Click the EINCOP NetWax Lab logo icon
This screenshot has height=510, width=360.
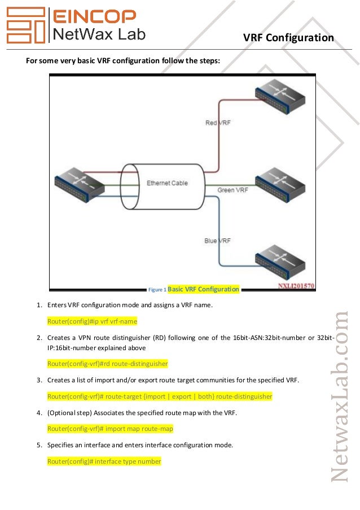click(25, 25)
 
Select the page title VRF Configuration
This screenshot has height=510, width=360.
click(288, 38)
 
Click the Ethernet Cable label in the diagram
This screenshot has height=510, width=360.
click(167, 183)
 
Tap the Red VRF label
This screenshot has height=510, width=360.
click(218, 123)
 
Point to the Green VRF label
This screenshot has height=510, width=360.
click(234, 190)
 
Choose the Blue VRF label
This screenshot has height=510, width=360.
click(218, 241)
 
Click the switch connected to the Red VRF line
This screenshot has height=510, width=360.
click(280, 100)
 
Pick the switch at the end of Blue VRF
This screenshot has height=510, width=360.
click(280, 261)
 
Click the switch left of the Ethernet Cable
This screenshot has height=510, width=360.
click(79, 185)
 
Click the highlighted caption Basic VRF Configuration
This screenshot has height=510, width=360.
click(204, 289)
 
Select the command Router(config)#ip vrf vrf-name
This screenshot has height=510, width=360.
click(93, 321)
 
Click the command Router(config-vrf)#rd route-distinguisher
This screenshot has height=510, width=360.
click(108, 363)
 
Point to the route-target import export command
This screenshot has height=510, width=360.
click(160, 396)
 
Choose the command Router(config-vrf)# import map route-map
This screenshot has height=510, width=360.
click(110, 429)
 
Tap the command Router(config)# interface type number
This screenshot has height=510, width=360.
click(104, 461)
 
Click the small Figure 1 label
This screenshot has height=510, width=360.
click(157, 290)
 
